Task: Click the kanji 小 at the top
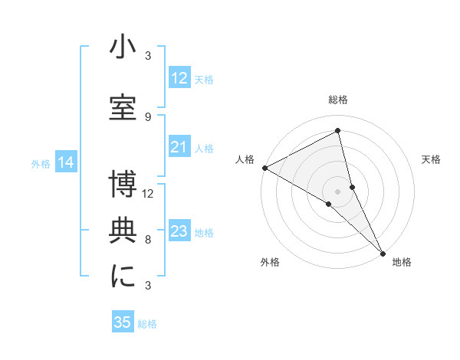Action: point(123,47)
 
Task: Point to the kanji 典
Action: point(123,231)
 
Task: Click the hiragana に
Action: point(123,277)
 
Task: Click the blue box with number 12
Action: point(179,79)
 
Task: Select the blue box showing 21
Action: point(179,147)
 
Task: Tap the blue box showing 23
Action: point(179,231)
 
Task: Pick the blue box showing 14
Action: point(66,162)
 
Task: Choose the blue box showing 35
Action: point(123,322)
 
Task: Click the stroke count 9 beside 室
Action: point(148,116)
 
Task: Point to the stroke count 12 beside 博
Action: point(148,193)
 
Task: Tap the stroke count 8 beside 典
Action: point(148,240)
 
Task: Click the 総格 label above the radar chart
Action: point(338,100)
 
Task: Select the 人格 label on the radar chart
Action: point(245,159)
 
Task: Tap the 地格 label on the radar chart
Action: point(402,262)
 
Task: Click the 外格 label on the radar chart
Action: point(270,262)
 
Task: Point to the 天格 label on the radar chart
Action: point(431,159)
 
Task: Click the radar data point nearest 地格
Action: point(382,252)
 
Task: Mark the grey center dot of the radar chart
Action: point(338,191)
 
